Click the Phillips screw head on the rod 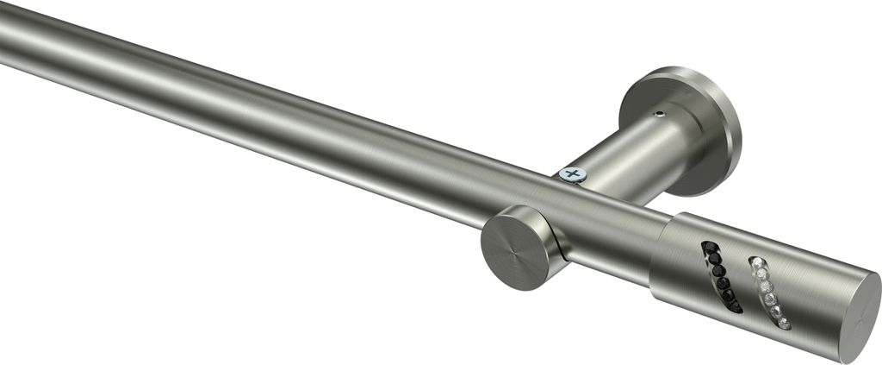pyautogui.click(x=572, y=174)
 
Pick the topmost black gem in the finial pyautogui.click(x=710, y=247)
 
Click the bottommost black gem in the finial pyautogui.click(x=735, y=305)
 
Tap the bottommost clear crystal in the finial pyautogui.click(x=784, y=324)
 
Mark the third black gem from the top pyautogui.click(x=718, y=270)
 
